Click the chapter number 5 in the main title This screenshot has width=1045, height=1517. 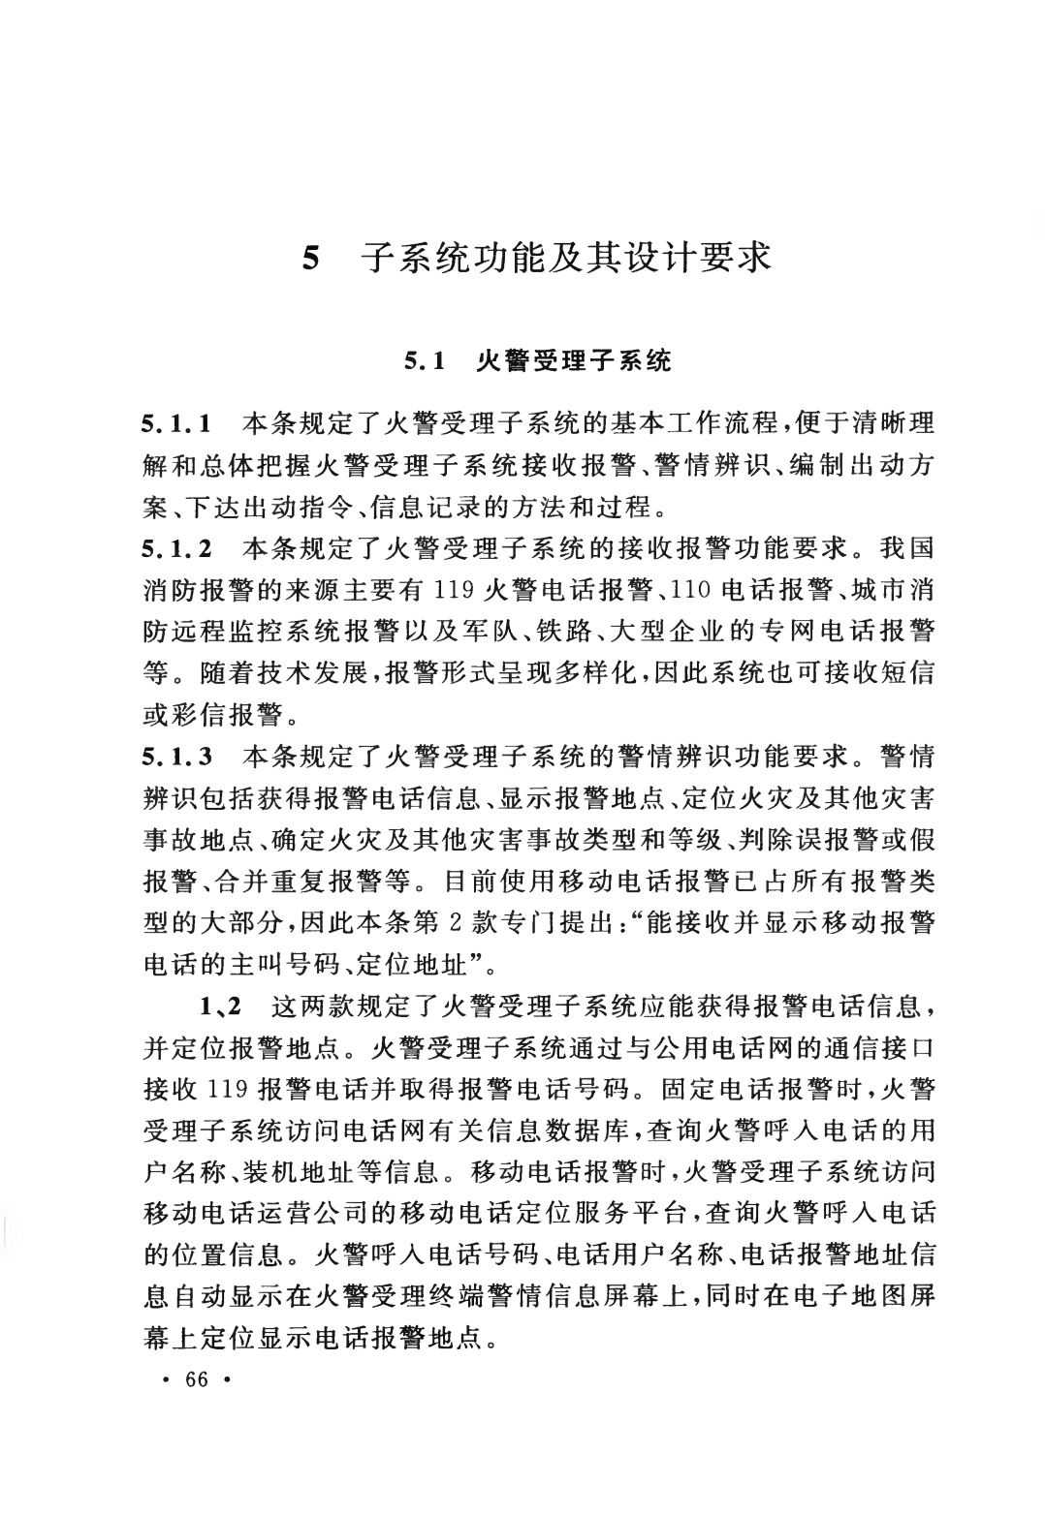pos(310,259)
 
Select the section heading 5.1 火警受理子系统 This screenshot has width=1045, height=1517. pos(538,362)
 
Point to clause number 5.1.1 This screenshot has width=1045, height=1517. pos(177,423)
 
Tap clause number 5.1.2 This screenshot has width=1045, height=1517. pos(177,548)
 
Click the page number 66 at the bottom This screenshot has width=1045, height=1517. pos(196,1378)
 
